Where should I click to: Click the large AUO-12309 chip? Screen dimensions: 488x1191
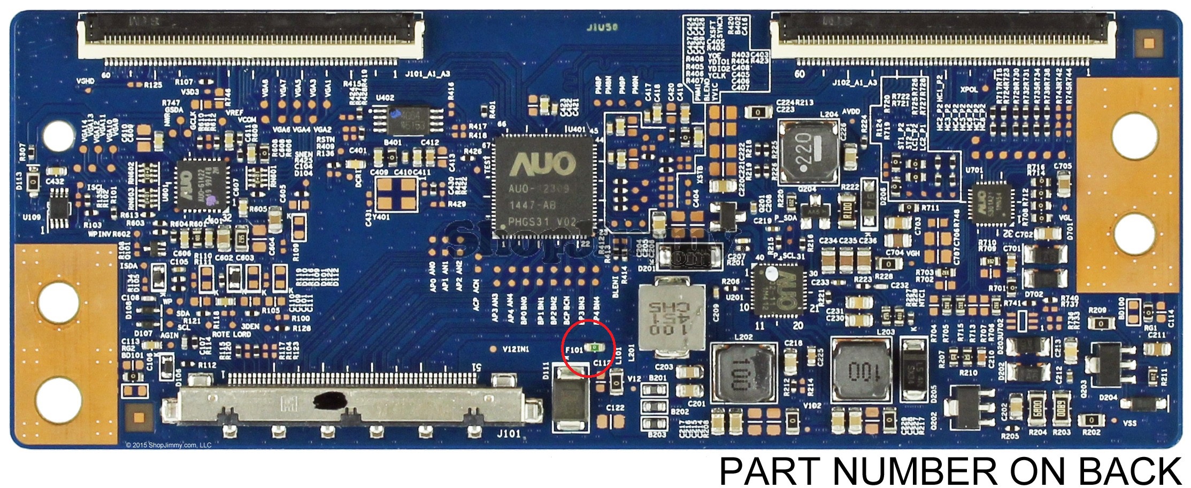tap(544, 185)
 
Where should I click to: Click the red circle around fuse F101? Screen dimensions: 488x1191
tap(589, 348)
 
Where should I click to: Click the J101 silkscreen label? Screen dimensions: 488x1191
tap(508, 434)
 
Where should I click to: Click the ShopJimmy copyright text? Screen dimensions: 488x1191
tap(168, 445)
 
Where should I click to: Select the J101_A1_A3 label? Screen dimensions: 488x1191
tap(428, 74)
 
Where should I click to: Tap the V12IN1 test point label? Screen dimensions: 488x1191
tap(516, 349)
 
